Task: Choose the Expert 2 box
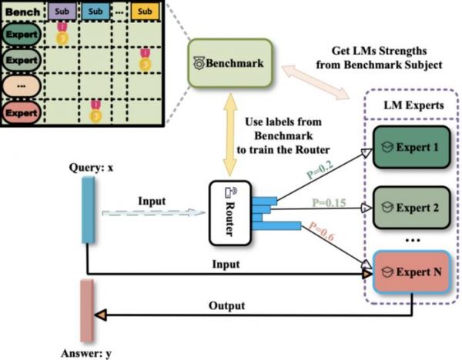coord(411,208)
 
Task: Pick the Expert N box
coord(411,272)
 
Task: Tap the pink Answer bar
coord(86,311)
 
